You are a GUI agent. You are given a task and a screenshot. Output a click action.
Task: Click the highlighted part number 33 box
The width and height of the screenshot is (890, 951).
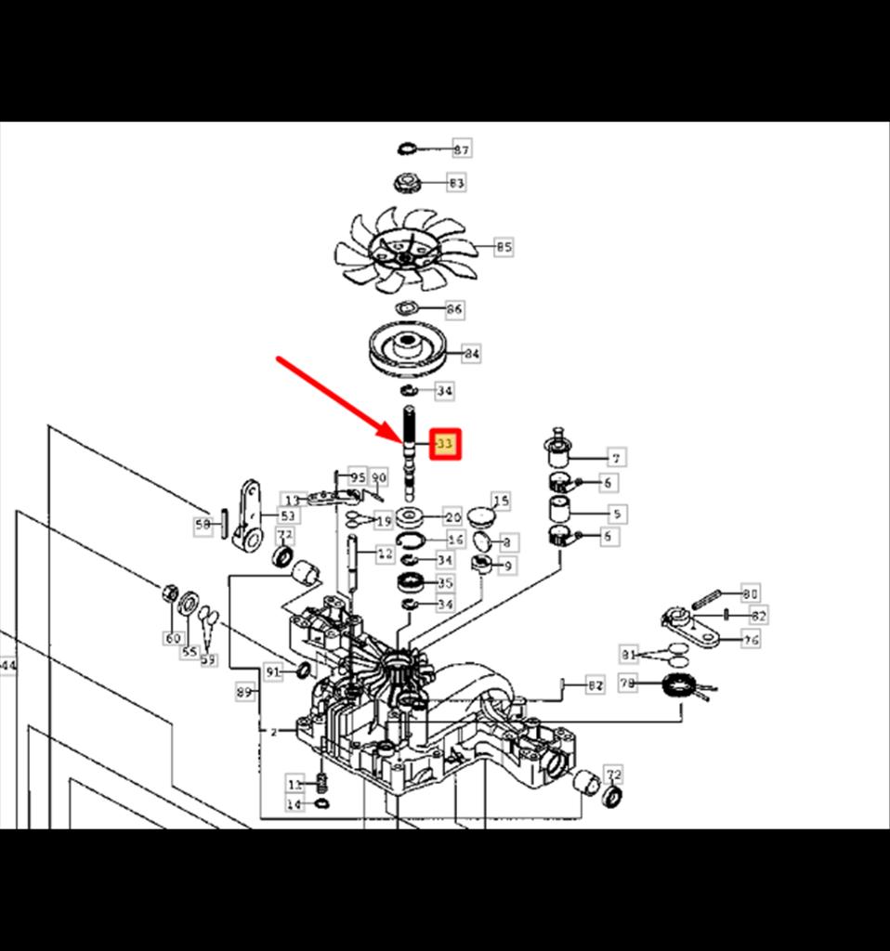pyautogui.click(x=445, y=445)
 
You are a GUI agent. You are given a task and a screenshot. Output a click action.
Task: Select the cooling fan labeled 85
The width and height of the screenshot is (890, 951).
pyautogui.click(x=406, y=249)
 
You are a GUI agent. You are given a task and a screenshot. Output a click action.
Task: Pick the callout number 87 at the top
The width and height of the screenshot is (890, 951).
pyautogui.click(x=461, y=149)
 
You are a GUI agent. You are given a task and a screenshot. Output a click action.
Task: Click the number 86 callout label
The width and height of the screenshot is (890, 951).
pyautogui.click(x=454, y=308)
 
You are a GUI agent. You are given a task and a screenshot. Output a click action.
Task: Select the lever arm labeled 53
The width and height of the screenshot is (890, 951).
pyautogui.click(x=247, y=515)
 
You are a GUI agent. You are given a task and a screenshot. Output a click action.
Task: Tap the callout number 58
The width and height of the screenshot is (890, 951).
pyautogui.click(x=203, y=526)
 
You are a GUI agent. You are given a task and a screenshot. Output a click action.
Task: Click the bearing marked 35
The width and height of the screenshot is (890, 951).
pyautogui.click(x=410, y=583)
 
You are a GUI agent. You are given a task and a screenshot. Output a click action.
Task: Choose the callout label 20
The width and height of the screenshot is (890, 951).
pyautogui.click(x=452, y=516)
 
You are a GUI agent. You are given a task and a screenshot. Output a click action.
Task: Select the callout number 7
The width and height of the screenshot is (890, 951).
pyautogui.click(x=615, y=457)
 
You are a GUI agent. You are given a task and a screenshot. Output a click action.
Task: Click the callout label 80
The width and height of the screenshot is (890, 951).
pyautogui.click(x=750, y=593)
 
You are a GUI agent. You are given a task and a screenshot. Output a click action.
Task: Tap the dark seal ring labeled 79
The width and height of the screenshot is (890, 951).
pyautogui.click(x=681, y=688)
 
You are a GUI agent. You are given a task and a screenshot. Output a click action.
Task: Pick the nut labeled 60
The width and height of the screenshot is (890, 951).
pyautogui.click(x=170, y=593)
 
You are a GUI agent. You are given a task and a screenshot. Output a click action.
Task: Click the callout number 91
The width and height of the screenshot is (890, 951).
pyautogui.click(x=272, y=671)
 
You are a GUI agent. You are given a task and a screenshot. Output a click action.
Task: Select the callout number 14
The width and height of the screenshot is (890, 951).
pyautogui.click(x=294, y=804)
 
